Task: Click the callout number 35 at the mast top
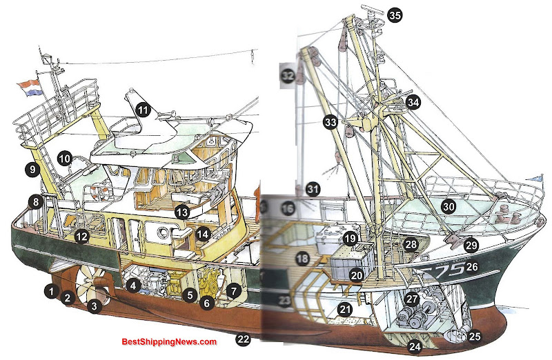(394, 14)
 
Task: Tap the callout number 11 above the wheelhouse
(143, 109)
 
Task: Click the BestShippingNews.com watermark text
(169, 342)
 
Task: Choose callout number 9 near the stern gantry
(30, 168)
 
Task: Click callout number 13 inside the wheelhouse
(182, 212)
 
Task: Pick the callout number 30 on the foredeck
(449, 206)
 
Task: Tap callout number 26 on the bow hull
(472, 266)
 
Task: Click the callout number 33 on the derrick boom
(331, 123)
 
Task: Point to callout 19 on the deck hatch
(351, 239)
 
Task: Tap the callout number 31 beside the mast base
(313, 188)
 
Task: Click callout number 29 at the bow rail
(471, 244)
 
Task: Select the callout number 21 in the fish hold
(346, 310)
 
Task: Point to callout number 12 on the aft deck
(82, 237)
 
